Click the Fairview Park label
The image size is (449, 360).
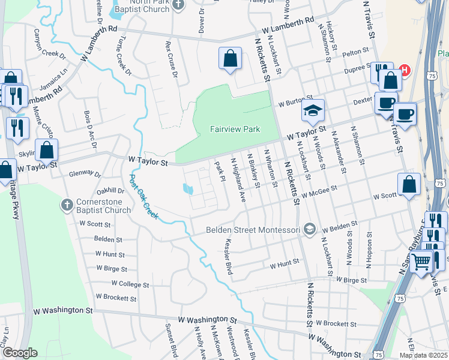[x=235, y=129]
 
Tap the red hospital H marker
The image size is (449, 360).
[x=404, y=70]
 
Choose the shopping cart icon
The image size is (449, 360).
[x=422, y=261]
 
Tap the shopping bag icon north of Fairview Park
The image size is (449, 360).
[x=230, y=59]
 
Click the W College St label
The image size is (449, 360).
[x=122, y=284]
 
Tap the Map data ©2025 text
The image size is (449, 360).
[x=423, y=355]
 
